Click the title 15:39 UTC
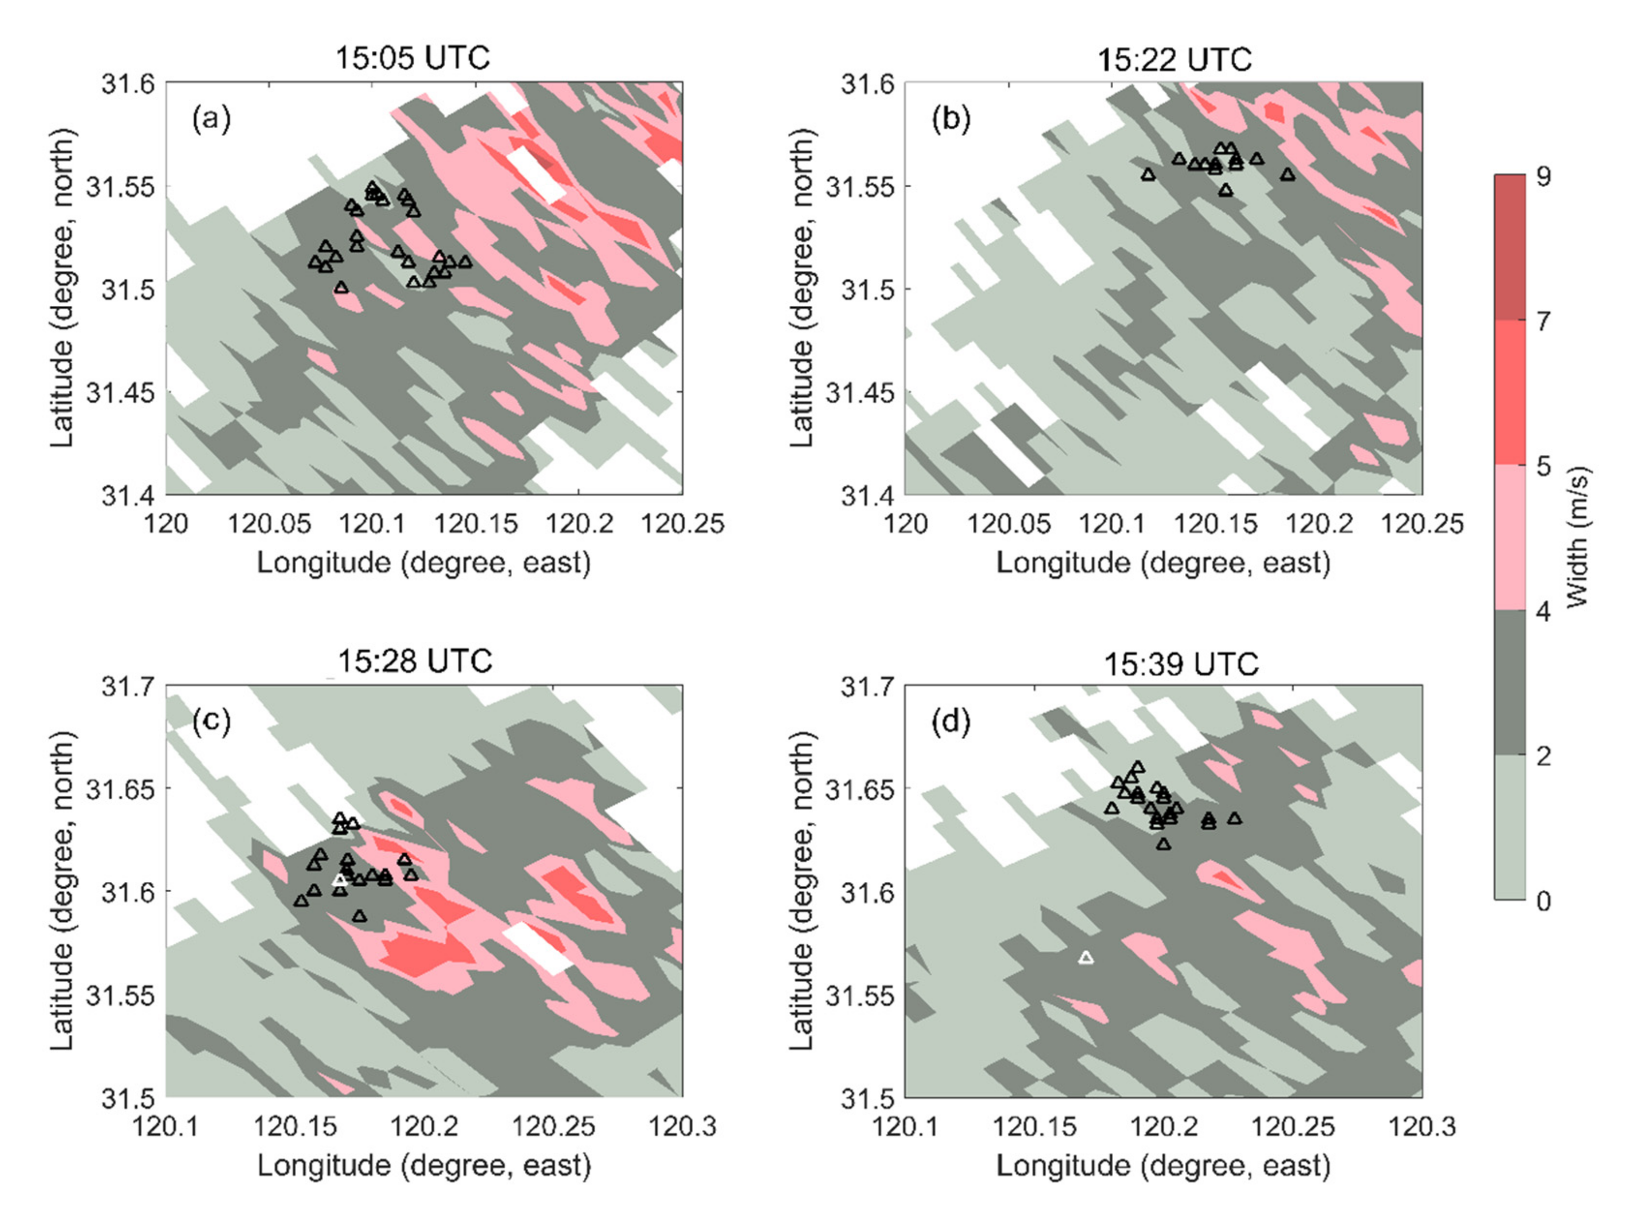tap(1180, 664)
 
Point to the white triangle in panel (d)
tap(1085, 958)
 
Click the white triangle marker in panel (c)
tap(339, 880)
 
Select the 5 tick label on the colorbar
tap(1543, 466)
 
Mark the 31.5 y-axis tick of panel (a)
tap(127, 289)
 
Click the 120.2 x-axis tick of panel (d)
tap(1164, 1127)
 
